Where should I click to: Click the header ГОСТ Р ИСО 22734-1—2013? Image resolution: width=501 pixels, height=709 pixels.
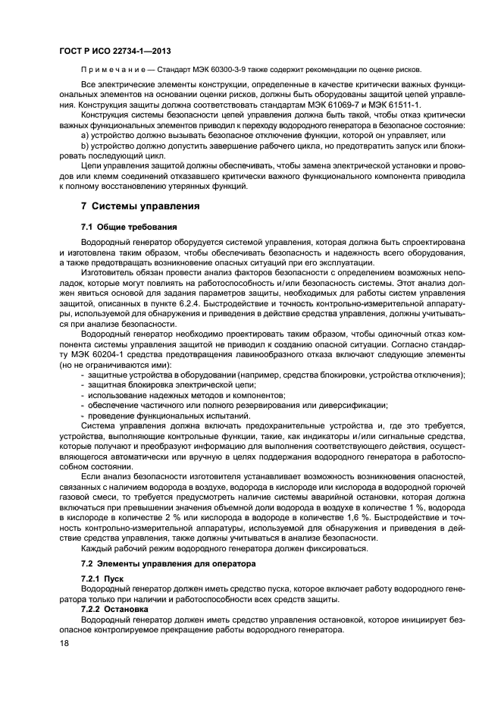coord(113,52)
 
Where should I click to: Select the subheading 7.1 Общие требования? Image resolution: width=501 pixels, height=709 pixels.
coord(129,227)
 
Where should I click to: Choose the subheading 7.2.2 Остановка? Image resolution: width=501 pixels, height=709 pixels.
coord(114,609)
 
